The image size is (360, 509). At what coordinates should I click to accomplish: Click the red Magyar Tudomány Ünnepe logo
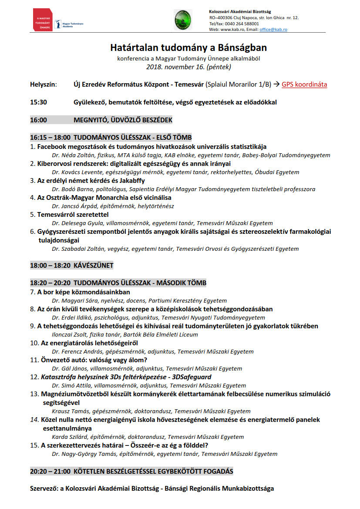(x=43, y=20)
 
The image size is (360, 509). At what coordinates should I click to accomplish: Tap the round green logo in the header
(x=182, y=20)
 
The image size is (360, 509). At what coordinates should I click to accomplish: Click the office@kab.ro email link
(x=273, y=30)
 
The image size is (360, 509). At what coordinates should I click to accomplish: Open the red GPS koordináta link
(x=304, y=84)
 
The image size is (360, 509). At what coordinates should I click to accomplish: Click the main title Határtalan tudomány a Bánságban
(x=188, y=47)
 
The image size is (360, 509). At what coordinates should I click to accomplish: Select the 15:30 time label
(x=38, y=102)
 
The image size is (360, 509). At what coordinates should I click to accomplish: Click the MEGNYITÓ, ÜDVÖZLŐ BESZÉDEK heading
(x=123, y=120)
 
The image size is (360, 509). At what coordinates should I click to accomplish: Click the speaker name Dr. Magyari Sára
(x=73, y=300)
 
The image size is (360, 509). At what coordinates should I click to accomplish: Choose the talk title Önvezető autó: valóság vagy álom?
(x=94, y=360)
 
